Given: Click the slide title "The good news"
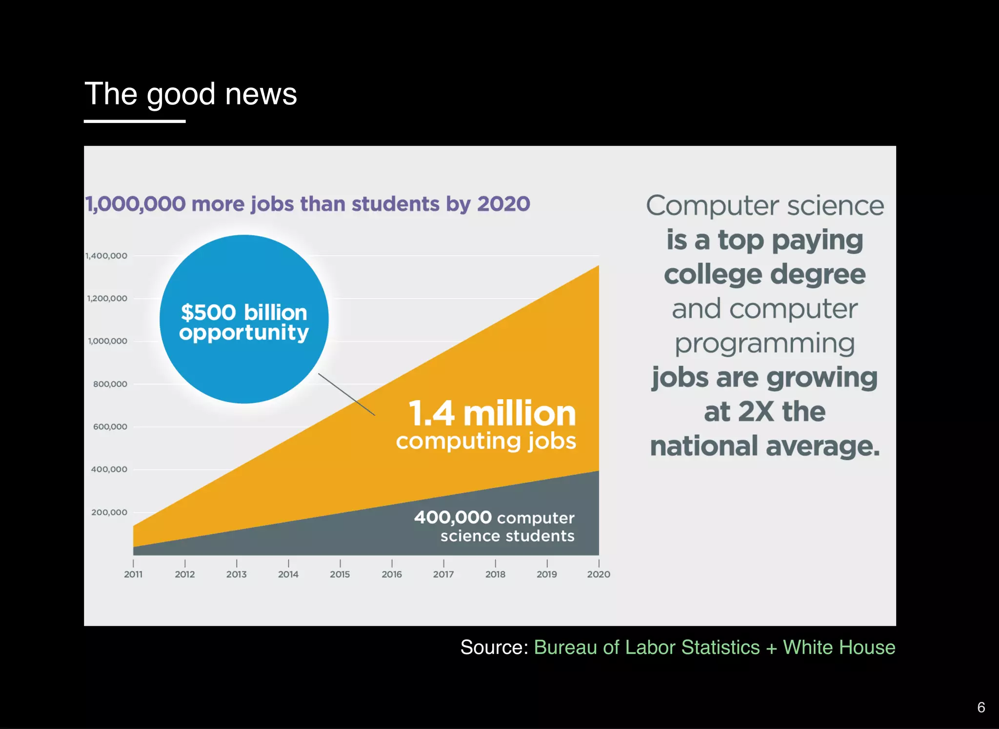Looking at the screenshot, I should (190, 94).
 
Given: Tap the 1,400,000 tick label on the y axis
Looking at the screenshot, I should (106, 256).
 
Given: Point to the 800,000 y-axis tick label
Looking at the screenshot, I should (110, 384).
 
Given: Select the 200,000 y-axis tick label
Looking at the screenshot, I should (109, 512).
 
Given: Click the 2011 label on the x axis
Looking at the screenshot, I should (133, 574).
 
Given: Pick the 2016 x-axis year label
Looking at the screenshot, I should (392, 574).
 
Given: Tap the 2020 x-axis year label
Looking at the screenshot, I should (599, 574).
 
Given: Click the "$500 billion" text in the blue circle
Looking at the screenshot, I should (244, 312).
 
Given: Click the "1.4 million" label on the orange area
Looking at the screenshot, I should (492, 413).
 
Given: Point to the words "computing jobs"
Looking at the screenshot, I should (486, 441).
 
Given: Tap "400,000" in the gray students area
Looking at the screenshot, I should (453, 517).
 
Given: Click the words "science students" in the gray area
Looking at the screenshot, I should (507, 536).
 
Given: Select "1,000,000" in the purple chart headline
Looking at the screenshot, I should (136, 204).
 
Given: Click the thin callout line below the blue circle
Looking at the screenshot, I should (346, 394).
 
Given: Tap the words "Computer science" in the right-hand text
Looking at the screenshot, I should (765, 206).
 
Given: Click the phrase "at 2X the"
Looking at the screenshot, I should (764, 411).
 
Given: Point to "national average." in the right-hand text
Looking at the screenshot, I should (764, 446).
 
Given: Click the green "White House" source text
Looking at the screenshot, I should (839, 648).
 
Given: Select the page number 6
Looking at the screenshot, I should (981, 707).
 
